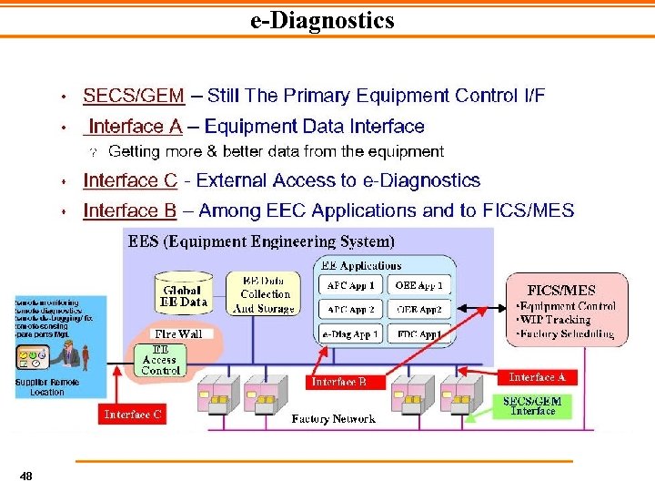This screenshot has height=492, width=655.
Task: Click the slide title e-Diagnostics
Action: tap(322, 20)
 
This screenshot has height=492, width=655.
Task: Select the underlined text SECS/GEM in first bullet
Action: tap(134, 96)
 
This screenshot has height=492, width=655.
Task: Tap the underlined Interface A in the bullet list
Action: tap(136, 127)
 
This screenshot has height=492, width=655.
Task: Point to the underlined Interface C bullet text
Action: tap(130, 181)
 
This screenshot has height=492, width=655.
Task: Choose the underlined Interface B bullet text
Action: tap(130, 211)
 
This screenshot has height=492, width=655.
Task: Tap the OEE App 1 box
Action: tap(419, 285)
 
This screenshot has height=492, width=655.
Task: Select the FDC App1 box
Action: tap(419, 334)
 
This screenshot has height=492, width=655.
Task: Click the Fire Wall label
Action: tap(178, 334)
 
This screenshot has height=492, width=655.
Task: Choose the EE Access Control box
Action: tap(161, 360)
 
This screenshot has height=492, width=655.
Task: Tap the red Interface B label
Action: tap(338, 382)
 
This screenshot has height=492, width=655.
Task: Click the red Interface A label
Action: tap(537, 377)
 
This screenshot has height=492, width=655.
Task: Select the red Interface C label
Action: tap(133, 415)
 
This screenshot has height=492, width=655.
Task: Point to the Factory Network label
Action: tap(333, 419)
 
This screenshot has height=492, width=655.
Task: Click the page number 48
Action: tap(26, 476)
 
